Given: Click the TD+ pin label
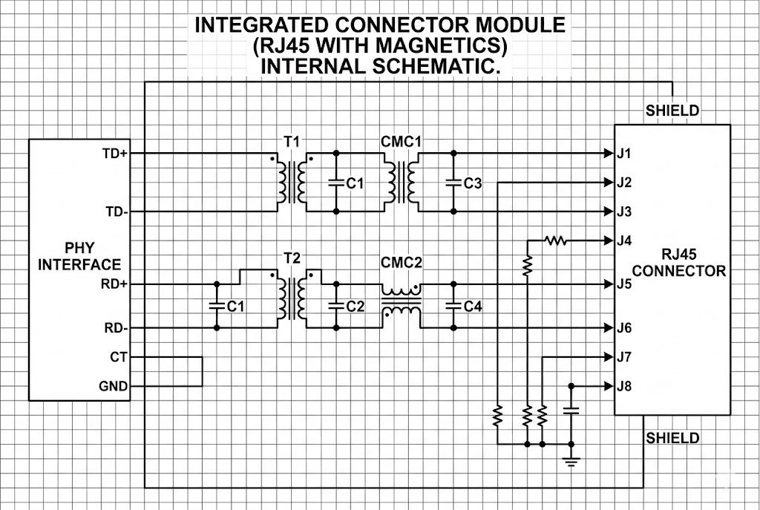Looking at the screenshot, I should click(x=115, y=154).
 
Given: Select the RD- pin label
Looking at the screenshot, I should click(x=115, y=328).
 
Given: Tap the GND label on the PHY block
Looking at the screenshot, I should click(x=114, y=386).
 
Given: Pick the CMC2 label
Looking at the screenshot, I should click(x=401, y=264).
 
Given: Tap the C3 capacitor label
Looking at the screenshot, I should click(x=473, y=183).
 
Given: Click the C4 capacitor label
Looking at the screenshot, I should click(x=473, y=306).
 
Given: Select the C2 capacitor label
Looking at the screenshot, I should click(x=356, y=306).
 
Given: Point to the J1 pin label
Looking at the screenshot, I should click(x=624, y=154).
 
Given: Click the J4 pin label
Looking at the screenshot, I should click(x=624, y=241).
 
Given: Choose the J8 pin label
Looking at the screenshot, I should click(x=624, y=386).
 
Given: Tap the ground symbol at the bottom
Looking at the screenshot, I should click(x=571, y=462).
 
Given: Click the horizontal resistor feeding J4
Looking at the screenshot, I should click(x=554, y=241).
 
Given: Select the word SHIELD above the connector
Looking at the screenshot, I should click(x=672, y=111).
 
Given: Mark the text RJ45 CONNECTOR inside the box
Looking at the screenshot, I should click(x=678, y=264).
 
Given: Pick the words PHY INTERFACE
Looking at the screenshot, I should click(x=79, y=256).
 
